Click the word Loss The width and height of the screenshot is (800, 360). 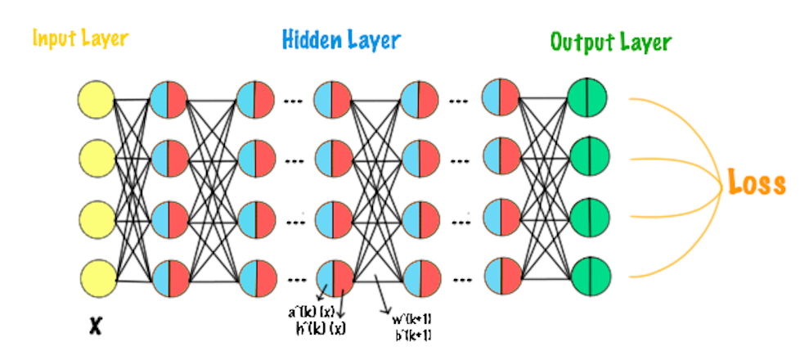click(x=757, y=183)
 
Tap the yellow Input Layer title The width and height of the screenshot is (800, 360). click(x=81, y=38)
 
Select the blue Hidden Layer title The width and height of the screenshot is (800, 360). click(x=342, y=38)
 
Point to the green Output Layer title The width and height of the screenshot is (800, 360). click(x=611, y=41)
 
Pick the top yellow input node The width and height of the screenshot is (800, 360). click(x=97, y=100)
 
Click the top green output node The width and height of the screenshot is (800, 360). click(x=589, y=97)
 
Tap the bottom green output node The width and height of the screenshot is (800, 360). click(x=589, y=277)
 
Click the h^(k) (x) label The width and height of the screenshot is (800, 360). click(x=321, y=329)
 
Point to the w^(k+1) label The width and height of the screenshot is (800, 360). click(x=413, y=319)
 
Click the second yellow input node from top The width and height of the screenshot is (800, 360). click(x=97, y=159)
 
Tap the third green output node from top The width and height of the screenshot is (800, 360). click(x=589, y=218)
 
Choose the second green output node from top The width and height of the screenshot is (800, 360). click(x=589, y=157)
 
